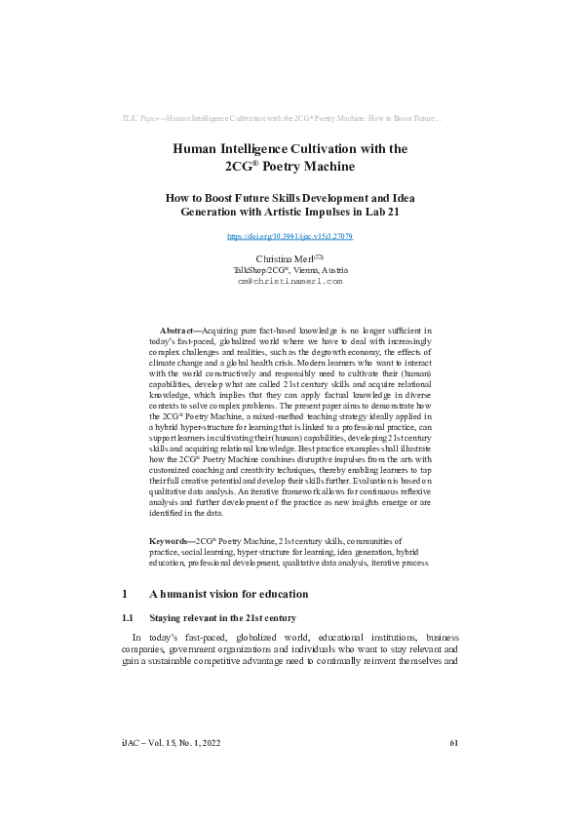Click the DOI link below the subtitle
point(290,236)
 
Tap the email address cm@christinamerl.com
point(290,281)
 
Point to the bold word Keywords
point(171,539)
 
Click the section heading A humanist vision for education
point(228,594)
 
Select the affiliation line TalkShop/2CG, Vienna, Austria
point(290,269)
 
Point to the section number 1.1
point(126,617)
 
